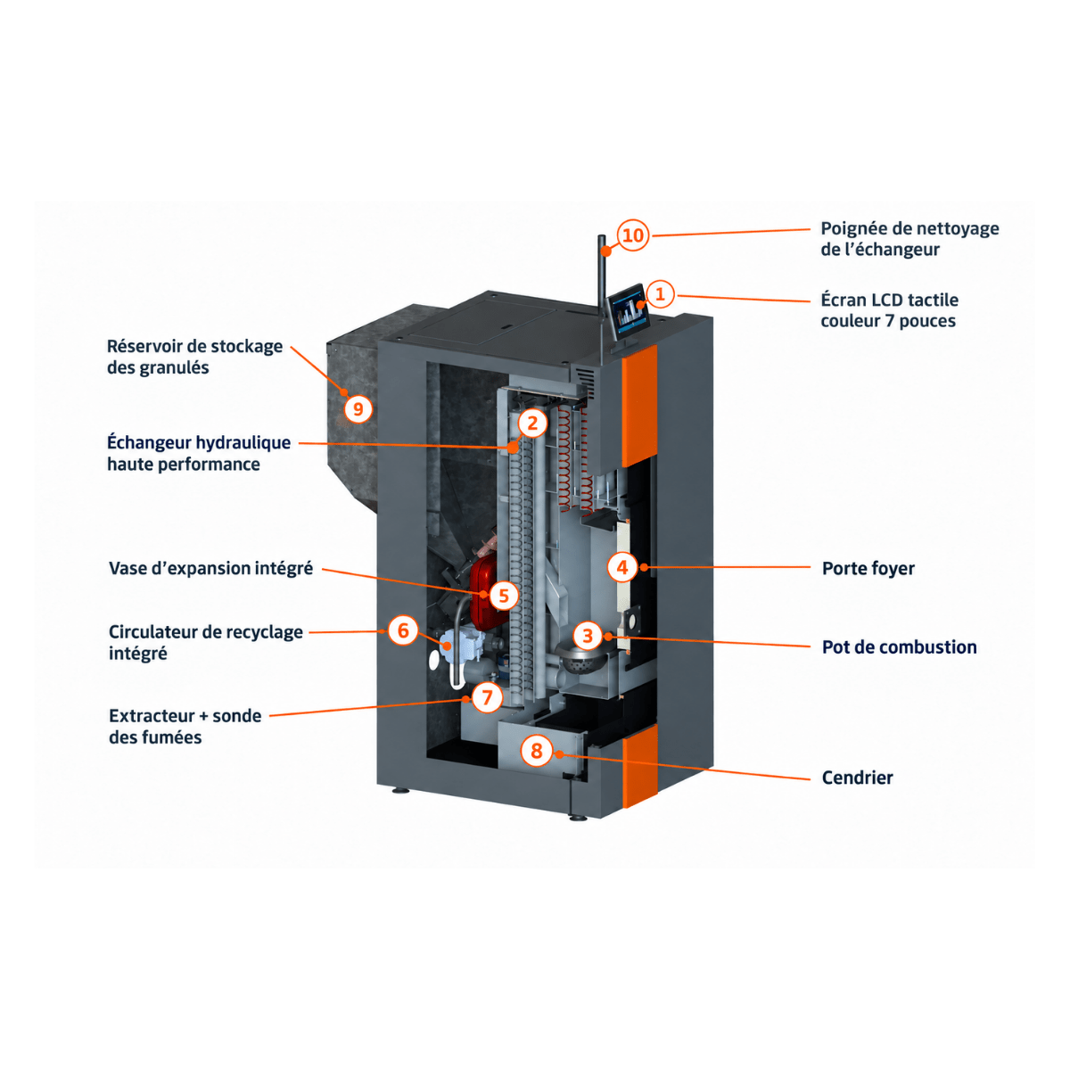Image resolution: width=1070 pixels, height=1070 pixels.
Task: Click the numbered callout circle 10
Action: point(633,235)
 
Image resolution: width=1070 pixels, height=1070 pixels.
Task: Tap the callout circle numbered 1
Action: point(660,293)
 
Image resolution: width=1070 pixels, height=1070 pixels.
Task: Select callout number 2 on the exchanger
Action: point(532,424)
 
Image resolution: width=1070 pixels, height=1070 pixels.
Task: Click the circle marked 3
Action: point(588,636)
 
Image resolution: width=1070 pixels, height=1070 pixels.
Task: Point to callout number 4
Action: point(622,567)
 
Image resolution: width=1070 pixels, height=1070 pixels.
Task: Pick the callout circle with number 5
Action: point(504,596)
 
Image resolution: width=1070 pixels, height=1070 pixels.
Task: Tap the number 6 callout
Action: point(403,630)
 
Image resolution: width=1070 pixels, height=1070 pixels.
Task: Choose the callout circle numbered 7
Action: point(488,697)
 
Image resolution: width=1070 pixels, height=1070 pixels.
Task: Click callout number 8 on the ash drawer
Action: point(537,751)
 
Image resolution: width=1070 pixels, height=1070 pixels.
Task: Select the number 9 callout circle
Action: point(358,409)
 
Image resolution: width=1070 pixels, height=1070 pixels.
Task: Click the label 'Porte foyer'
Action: point(868,568)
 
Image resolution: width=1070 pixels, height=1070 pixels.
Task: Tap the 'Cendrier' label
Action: point(857,778)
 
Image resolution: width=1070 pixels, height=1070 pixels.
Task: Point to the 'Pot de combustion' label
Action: point(899,646)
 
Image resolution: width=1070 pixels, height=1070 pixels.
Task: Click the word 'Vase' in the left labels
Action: point(128,568)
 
